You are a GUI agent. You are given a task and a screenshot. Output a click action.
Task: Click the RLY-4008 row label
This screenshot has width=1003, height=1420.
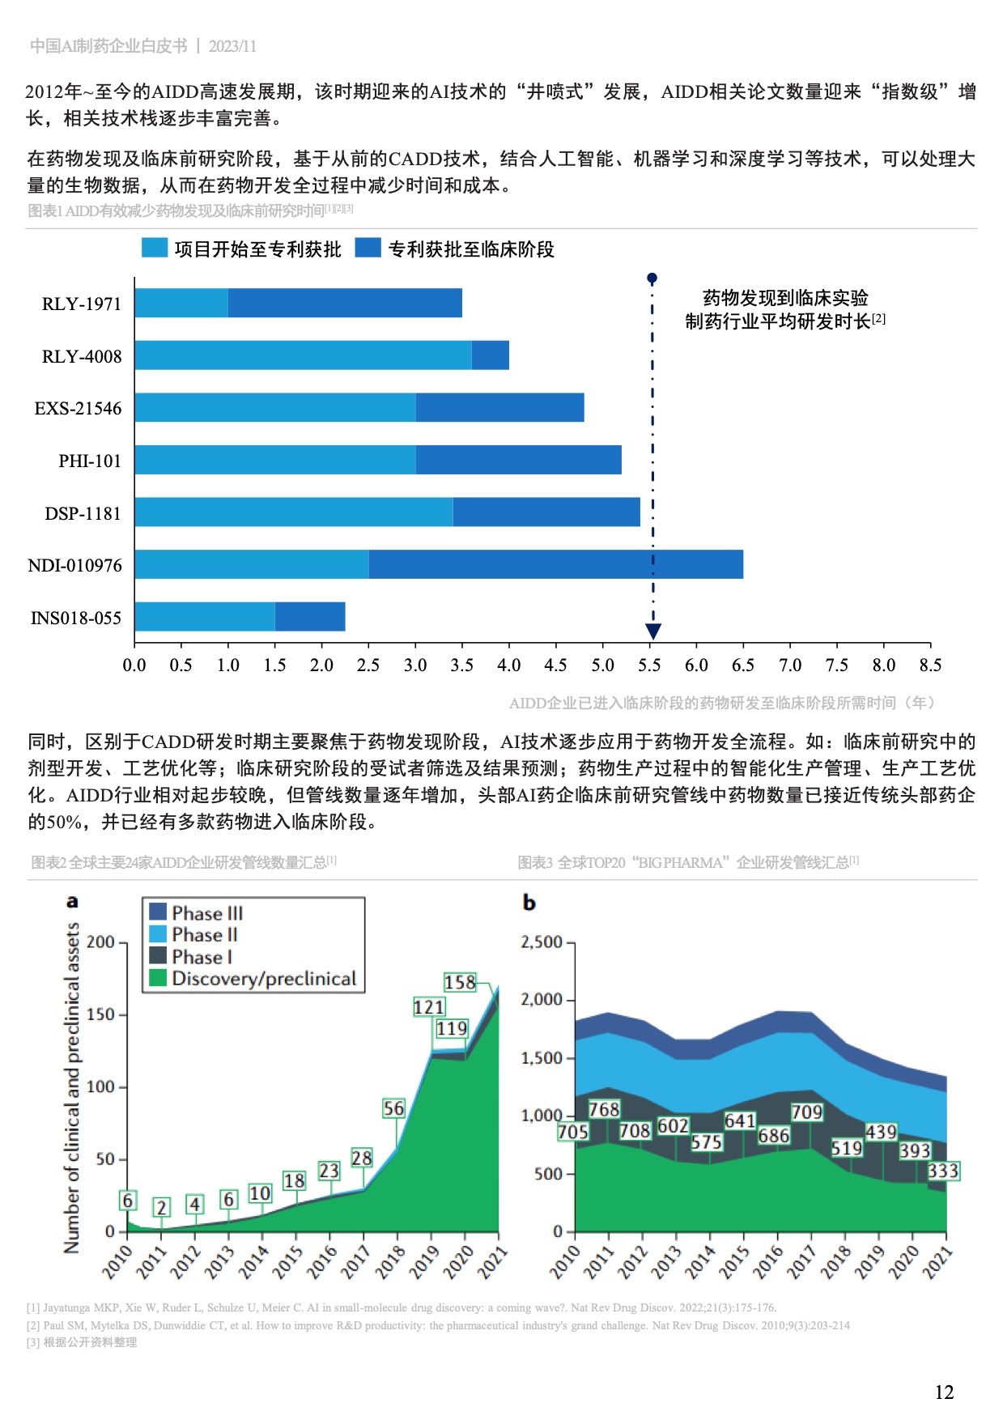[x=82, y=356]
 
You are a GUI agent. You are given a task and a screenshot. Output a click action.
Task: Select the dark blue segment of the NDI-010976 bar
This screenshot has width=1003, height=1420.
[x=555, y=564]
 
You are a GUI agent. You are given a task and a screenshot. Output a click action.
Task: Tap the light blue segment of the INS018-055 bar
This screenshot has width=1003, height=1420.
[x=205, y=617]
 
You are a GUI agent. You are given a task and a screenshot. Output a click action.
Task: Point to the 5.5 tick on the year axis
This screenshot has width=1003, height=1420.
[x=649, y=665]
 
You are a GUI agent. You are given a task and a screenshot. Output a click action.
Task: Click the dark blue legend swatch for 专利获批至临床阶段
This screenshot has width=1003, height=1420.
[x=368, y=248]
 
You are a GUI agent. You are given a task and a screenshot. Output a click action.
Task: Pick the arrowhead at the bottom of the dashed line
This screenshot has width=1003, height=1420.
[x=653, y=631]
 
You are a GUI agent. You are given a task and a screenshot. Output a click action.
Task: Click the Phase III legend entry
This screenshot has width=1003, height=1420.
[x=206, y=913]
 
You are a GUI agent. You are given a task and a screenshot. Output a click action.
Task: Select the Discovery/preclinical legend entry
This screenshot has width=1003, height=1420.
[x=263, y=979]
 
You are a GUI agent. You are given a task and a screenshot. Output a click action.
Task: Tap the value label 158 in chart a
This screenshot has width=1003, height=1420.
[x=460, y=982]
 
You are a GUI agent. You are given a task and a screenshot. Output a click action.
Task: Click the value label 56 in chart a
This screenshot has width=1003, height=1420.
[x=393, y=1108]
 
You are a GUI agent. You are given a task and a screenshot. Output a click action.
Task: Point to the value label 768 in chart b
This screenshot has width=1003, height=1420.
[x=604, y=1109]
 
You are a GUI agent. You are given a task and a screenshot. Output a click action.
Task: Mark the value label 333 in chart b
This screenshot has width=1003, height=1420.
[x=943, y=1171]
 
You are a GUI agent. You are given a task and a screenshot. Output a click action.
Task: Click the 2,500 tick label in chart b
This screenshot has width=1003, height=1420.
[x=542, y=942]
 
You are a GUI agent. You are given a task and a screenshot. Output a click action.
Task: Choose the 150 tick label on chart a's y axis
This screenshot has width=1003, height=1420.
[x=100, y=1014]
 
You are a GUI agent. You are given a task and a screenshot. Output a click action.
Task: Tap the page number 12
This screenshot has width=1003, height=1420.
[x=944, y=1392]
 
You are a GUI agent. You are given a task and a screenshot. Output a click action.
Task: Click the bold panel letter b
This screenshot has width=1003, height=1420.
[x=529, y=903]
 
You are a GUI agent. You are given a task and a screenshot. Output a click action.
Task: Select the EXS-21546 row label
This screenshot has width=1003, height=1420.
[x=78, y=409]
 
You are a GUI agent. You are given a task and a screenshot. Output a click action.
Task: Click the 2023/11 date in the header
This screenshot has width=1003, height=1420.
[x=232, y=46]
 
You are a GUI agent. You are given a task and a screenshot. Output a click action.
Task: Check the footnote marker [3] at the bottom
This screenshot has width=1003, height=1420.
[x=33, y=1342]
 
